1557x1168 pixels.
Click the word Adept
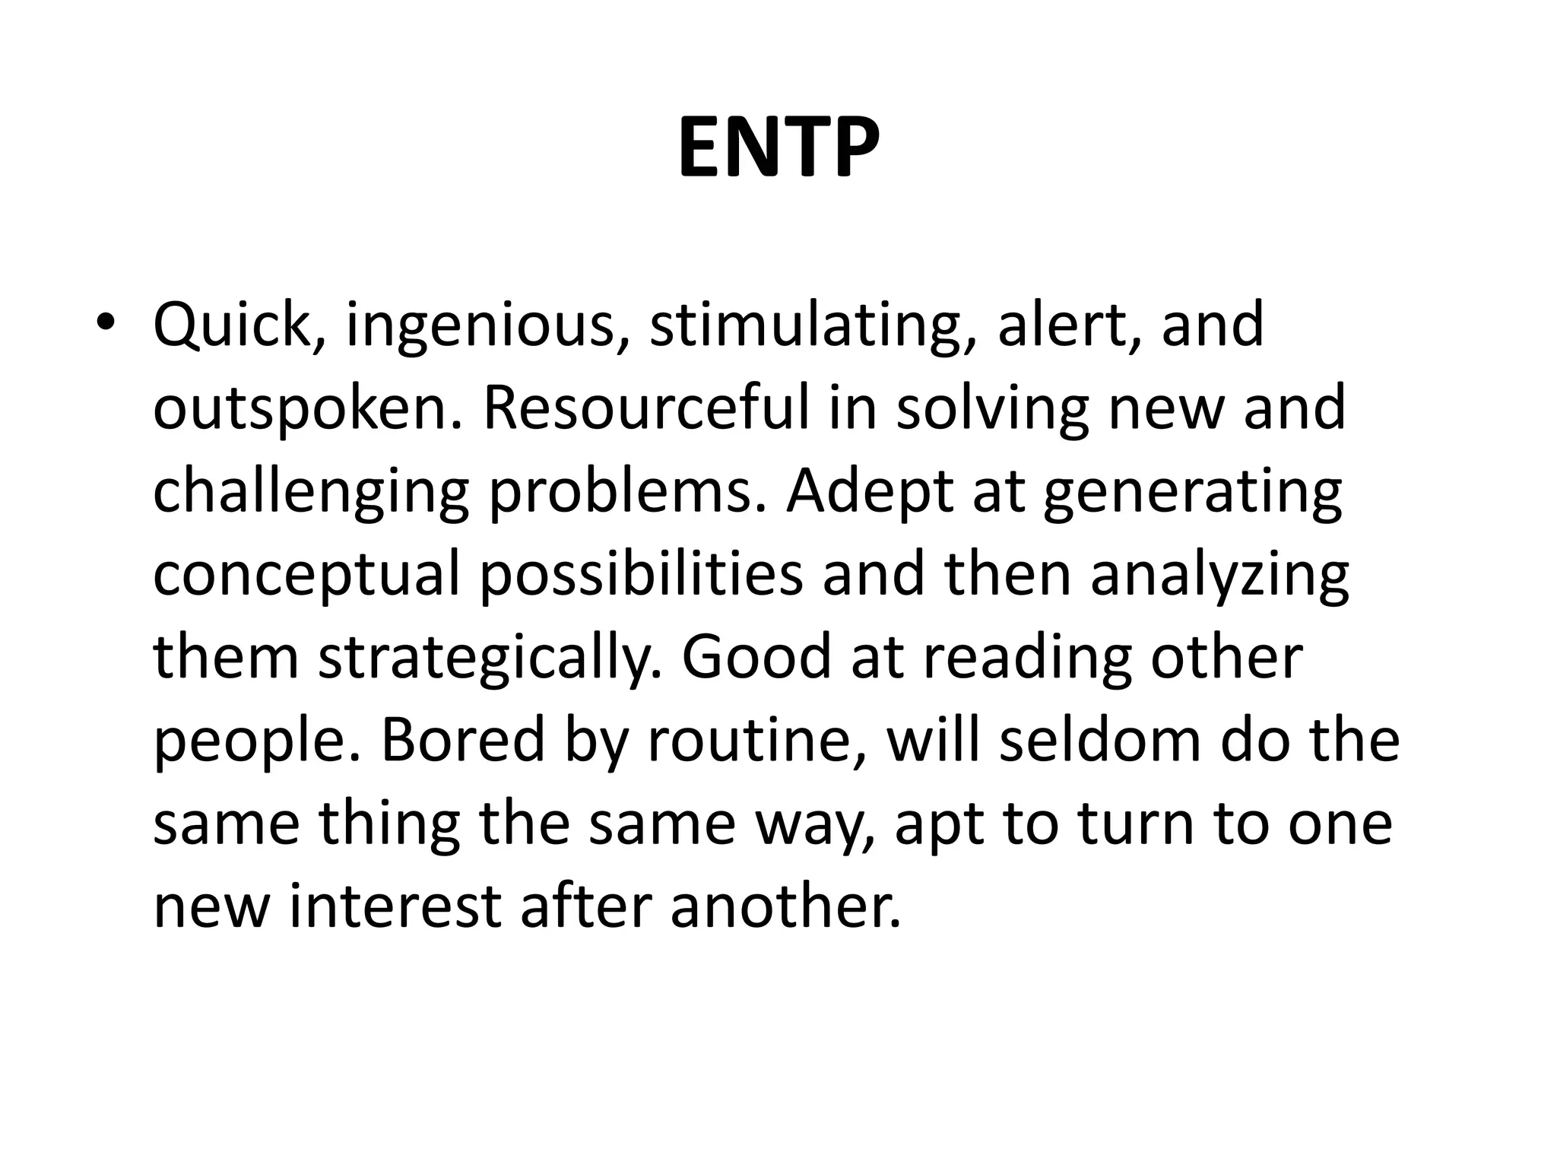[x=867, y=493]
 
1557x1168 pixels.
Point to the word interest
[x=395, y=908]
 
